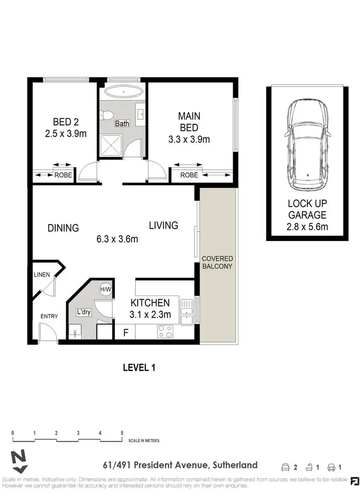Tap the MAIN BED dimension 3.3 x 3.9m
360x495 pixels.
tap(189, 140)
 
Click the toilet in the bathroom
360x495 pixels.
tap(107, 115)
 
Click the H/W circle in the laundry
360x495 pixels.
tap(105, 290)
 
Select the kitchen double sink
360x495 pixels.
tap(186, 313)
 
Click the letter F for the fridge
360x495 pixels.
tap(126, 332)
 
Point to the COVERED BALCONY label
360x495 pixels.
tap(217, 262)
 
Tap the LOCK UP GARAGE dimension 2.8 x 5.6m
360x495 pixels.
tap(307, 227)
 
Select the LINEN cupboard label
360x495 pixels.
tap(42, 275)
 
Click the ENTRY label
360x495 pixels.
tap(49, 316)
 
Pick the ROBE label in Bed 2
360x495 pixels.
tap(63, 175)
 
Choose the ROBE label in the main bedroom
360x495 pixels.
tap(189, 175)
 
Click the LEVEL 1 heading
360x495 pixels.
tap(139, 368)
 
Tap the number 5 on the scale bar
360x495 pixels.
tap(122, 433)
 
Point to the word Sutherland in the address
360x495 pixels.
tap(235, 465)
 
